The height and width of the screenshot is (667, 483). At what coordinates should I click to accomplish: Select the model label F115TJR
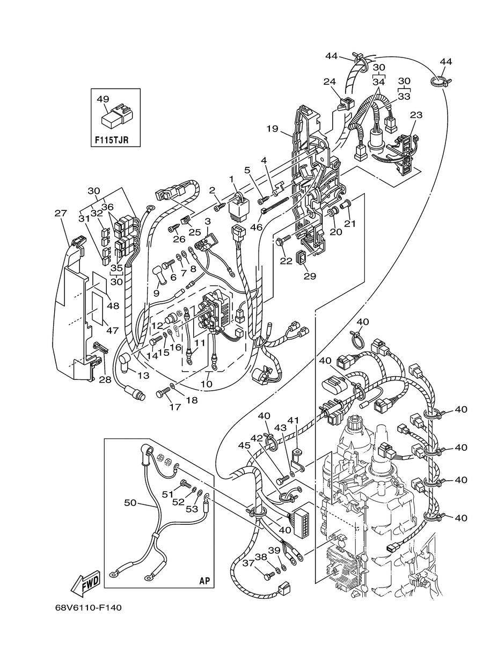point(112,140)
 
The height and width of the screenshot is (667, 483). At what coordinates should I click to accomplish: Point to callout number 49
point(103,99)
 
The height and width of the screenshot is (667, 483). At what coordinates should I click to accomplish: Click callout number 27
point(61,213)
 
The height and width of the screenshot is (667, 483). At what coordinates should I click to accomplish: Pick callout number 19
point(272,129)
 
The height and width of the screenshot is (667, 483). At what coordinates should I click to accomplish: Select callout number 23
point(416,115)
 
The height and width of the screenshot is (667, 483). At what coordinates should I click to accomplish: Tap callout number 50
point(130,503)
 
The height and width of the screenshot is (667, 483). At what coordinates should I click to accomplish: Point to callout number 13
point(143,375)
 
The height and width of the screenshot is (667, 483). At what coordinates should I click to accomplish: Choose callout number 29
point(310,276)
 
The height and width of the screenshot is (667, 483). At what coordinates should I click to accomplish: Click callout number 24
point(330,81)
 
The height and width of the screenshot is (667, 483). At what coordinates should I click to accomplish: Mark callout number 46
point(256,227)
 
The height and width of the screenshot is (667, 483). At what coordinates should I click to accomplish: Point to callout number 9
point(156,293)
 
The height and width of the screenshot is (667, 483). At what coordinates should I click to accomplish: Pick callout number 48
point(113,306)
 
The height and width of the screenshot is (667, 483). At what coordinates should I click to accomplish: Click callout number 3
point(208,222)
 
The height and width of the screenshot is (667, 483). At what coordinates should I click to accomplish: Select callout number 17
point(175,407)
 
